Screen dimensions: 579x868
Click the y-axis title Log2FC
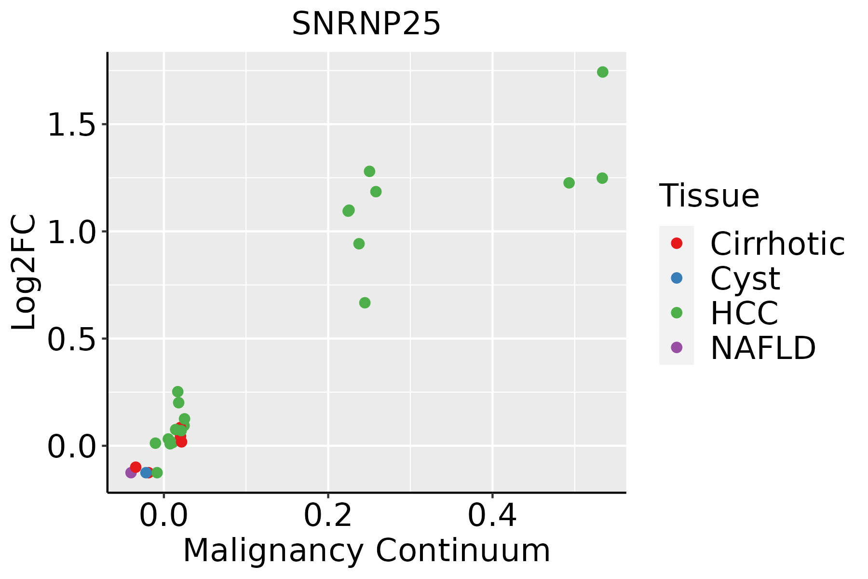(24, 273)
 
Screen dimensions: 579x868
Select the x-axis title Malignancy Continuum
(366, 551)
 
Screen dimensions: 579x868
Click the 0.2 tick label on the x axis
(328, 516)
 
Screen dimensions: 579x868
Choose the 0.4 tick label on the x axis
(492, 516)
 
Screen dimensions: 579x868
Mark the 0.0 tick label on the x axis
(163, 516)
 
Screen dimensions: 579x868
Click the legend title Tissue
(709, 196)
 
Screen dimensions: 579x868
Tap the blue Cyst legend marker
(677, 278)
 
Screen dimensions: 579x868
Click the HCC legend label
(744, 313)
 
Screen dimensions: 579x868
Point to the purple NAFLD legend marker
(677, 347)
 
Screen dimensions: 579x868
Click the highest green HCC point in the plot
(602, 72)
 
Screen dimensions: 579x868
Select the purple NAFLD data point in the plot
(131, 472)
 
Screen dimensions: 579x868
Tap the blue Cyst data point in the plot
(146, 472)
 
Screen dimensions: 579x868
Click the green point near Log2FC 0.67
(365, 303)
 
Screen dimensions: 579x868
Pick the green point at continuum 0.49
(569, 183)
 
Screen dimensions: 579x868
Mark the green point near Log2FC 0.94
(359, 244)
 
